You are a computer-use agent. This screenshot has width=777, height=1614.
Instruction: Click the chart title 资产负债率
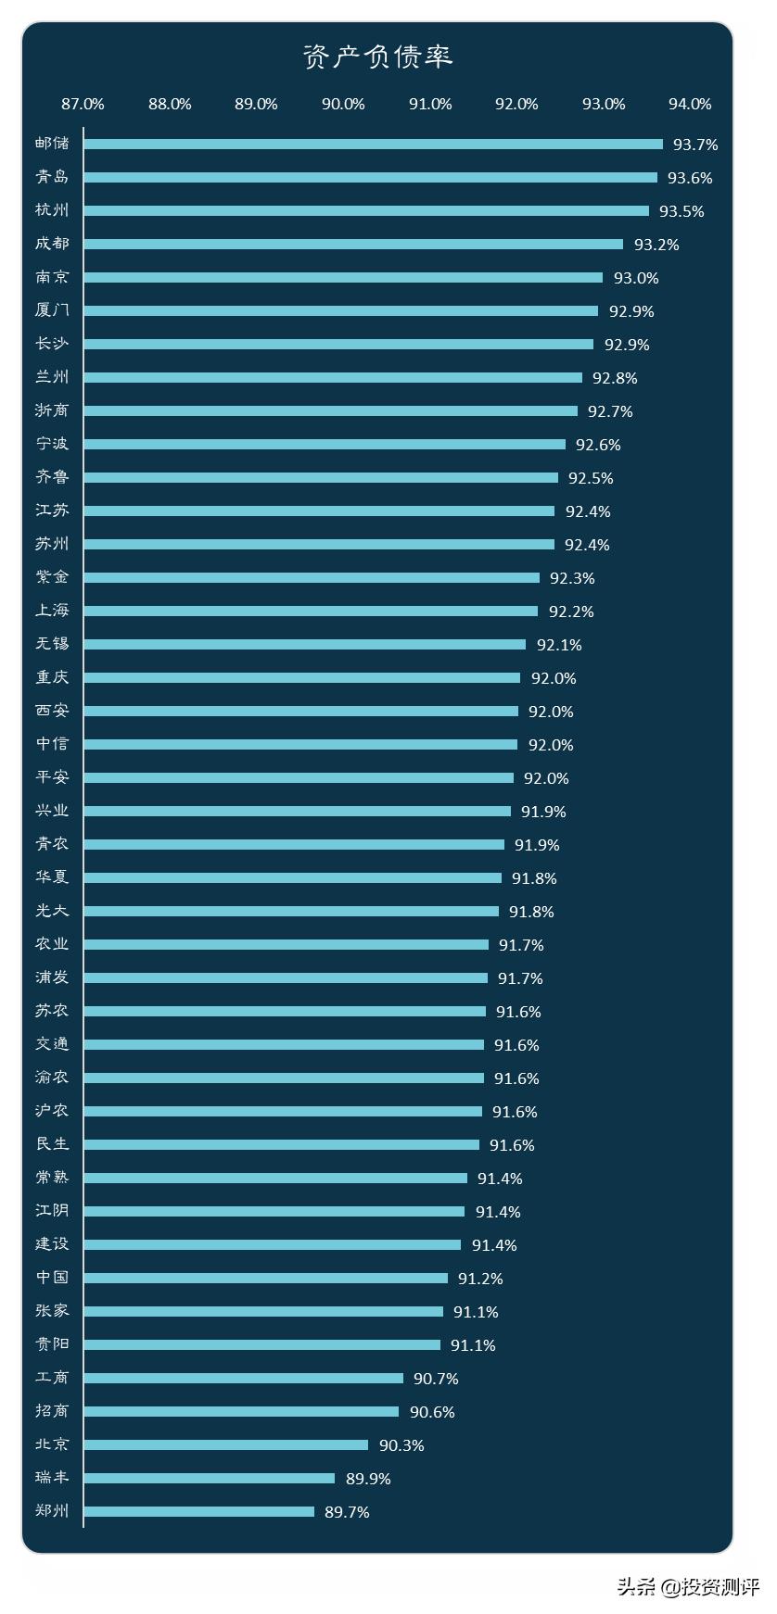[377, 57]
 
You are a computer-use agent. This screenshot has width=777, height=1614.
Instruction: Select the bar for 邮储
[373, 145]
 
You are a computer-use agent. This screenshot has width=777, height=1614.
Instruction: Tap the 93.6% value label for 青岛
[690, 178]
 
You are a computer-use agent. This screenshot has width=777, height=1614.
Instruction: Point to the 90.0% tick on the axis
[343, 105]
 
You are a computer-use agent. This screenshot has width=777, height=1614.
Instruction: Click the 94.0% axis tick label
[690, 105]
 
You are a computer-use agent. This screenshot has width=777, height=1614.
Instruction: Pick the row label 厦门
[52, 310]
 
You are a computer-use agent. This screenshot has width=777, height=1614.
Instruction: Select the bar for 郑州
[198, 1512]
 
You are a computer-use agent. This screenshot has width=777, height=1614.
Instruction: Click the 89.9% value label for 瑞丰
[368, 1479]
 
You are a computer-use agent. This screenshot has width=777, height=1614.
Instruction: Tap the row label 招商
[52, 1411]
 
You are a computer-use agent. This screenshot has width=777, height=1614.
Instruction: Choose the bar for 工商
[243, 1379]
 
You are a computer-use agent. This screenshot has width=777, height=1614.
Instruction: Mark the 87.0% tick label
[83, 105]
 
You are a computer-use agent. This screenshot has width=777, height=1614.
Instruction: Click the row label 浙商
[52, 410]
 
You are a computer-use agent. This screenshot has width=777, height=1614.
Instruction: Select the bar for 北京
[225, 1445]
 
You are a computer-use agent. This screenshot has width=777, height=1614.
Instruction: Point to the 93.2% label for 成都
[656, 245]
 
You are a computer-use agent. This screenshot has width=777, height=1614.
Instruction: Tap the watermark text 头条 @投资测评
[687, 1587]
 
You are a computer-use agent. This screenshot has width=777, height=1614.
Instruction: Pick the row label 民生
[52, 1144]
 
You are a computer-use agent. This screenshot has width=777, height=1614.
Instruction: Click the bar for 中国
[265, 1279]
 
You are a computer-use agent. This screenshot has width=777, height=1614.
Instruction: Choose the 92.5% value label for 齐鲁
[591, 478]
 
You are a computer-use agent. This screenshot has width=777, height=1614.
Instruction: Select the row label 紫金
[52, 577]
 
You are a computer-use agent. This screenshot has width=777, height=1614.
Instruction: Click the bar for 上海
[311, 612]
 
